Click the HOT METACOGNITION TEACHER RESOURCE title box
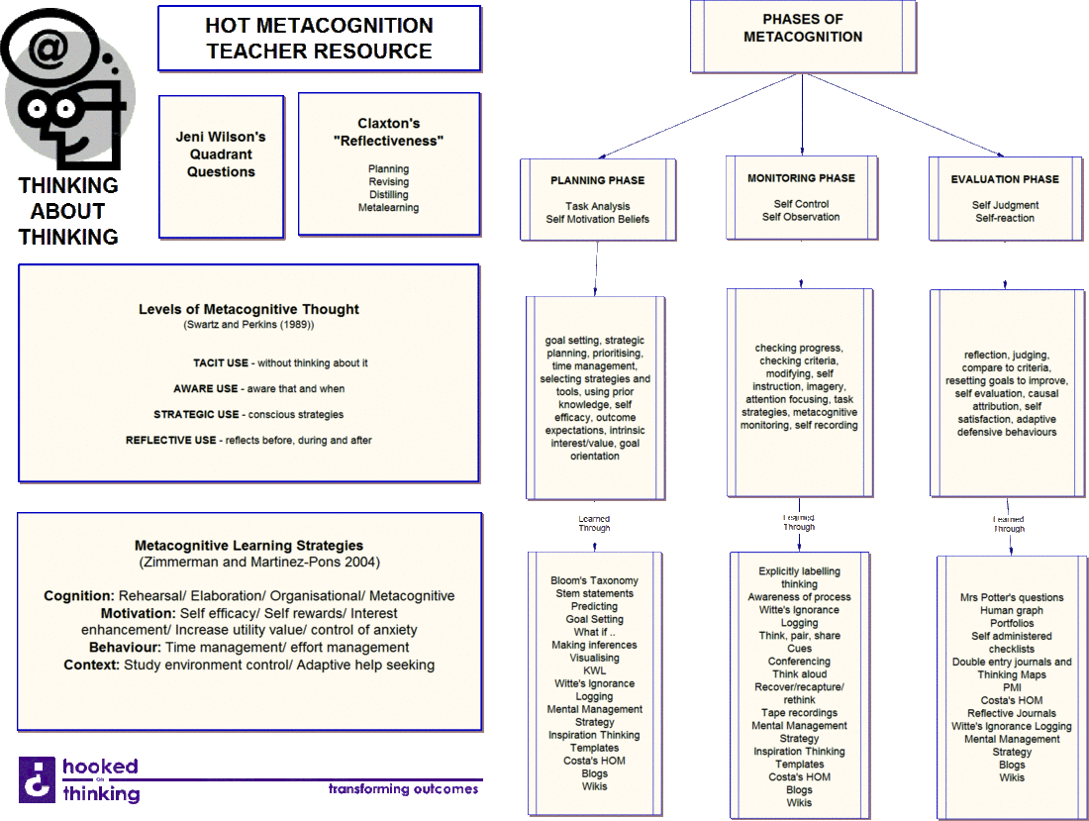point(319,39)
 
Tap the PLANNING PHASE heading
point(597,181)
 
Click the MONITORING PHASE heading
point(801,179)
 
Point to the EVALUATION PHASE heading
point(1004,180)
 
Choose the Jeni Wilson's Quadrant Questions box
point(221,155)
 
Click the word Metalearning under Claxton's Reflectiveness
point(388,208)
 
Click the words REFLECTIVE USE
point(171,441)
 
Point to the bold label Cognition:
point(79,596)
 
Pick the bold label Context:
point(91,666)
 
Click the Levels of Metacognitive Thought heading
point(248,310)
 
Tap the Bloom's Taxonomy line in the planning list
point(594,581)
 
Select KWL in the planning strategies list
point(594,671)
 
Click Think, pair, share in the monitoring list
point(799,636)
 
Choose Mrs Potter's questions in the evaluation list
point(1012,598)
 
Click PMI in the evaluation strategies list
point(1012,688)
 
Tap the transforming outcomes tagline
point(404,789)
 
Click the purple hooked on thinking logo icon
point(37,777)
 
